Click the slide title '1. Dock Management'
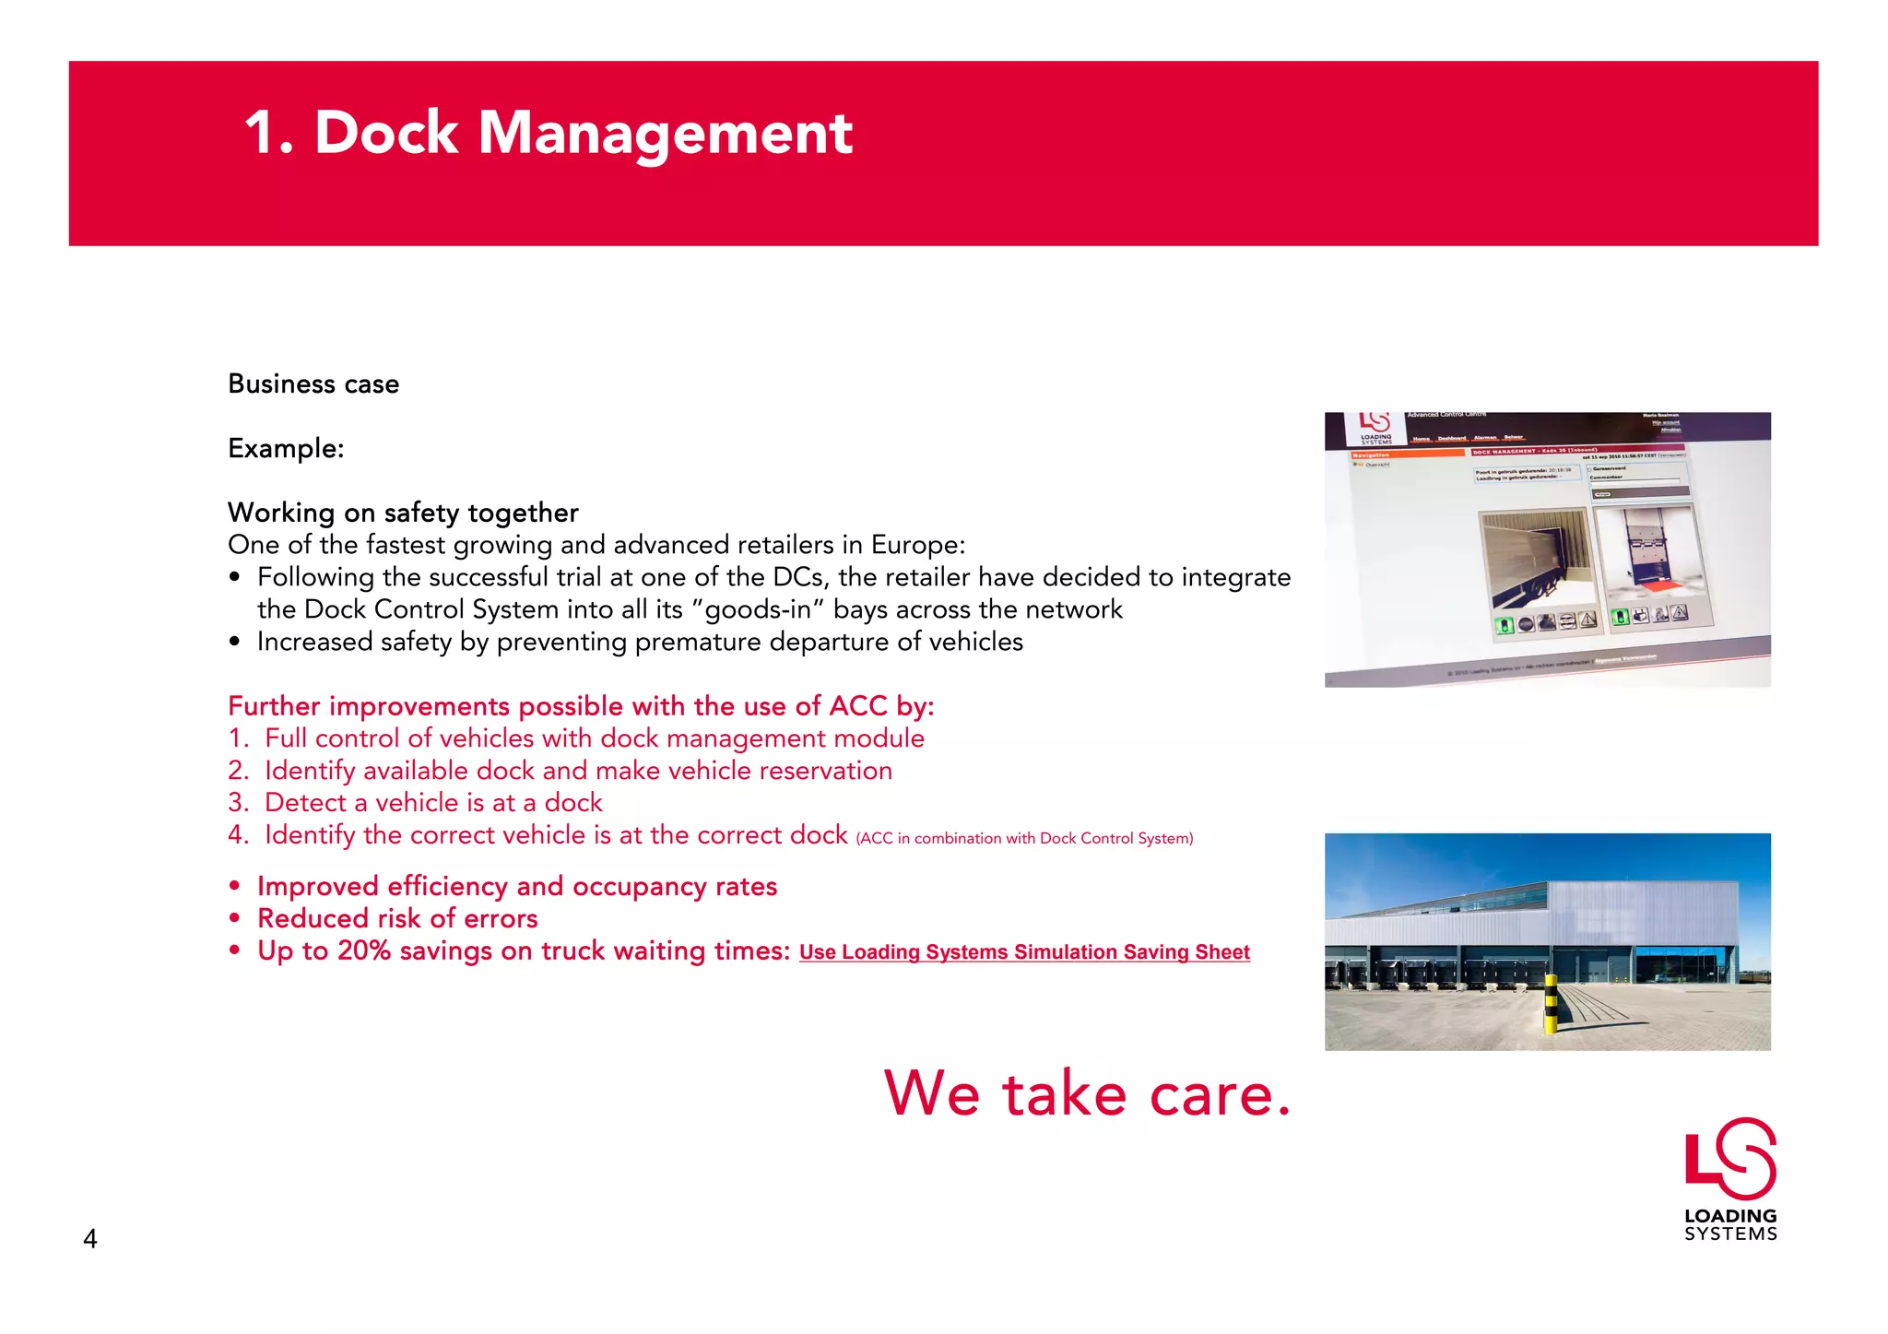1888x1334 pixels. pos(548,133)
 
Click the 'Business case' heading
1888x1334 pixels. pos(313,384)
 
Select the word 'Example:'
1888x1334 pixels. pos(286,448)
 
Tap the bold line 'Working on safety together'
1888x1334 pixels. pos(403,513)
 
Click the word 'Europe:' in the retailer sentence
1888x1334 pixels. pos(917,545)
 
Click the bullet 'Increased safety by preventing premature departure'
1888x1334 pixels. pos(640,642)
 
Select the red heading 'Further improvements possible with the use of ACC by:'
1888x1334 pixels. pos(581,706)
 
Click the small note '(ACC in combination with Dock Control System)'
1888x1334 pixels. pos(1024,838)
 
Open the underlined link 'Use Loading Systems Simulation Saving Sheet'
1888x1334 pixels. pos(1024,952)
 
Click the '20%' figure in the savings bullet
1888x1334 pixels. pos(364,950)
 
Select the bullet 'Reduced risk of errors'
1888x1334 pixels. pos(397,918)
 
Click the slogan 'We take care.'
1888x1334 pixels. pos(1088,1093)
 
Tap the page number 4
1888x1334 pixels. pos(90,1238)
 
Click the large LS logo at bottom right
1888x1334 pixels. pos(1730,1159)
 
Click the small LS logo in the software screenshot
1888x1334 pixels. pos(1375,423)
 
